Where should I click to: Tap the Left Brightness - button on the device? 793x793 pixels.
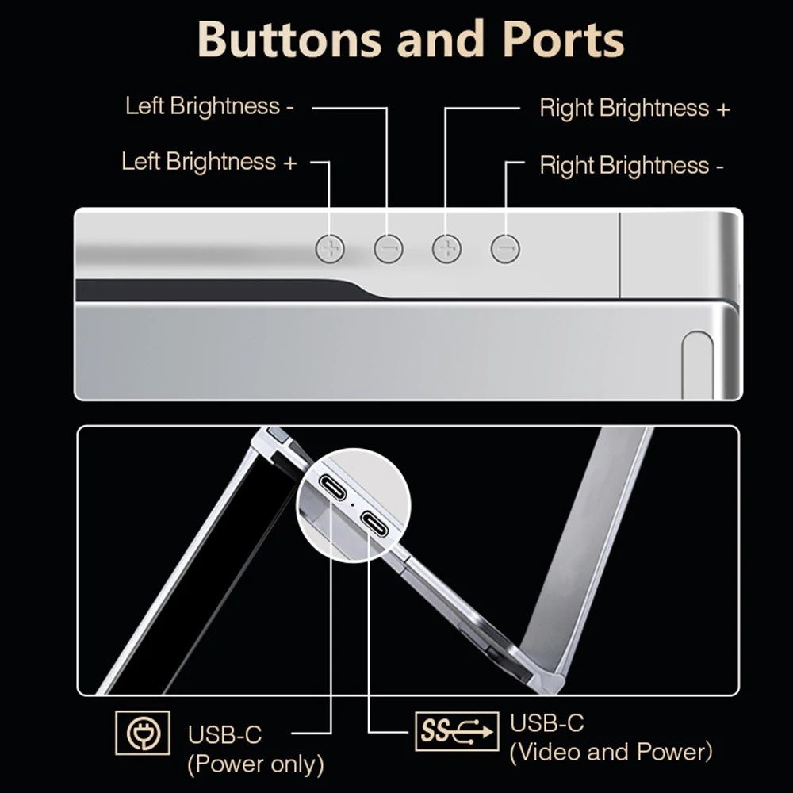(x=389, y=249)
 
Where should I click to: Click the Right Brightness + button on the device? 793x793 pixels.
(x=446, y=249)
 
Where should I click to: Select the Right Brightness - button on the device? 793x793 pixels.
(x=505, y=249)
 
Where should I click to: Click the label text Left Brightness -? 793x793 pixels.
(x=209, y=106)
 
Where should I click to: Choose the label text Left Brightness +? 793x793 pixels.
(x=209, y=162)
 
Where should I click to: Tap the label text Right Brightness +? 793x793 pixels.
(x=634, y=108)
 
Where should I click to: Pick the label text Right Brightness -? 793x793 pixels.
(x=632, y=166)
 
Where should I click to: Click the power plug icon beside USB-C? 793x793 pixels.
(x=143, y=733)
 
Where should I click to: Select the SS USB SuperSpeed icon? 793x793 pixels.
(x=457, y=731)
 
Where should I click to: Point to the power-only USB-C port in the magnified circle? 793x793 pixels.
(x=333, y=487)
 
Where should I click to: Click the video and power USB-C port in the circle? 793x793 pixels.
(x=375, y=524)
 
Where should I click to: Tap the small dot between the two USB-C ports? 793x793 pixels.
(x=353, y=504)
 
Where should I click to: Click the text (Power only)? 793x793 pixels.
(x=255, y=764)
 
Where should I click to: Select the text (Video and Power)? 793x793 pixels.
(x=611, y=752)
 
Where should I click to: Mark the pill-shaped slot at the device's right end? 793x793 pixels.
(x=697, y=365)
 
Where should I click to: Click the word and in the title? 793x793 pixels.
(x=441, y=40)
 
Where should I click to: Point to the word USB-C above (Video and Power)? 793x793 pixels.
(x=546, y=722)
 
